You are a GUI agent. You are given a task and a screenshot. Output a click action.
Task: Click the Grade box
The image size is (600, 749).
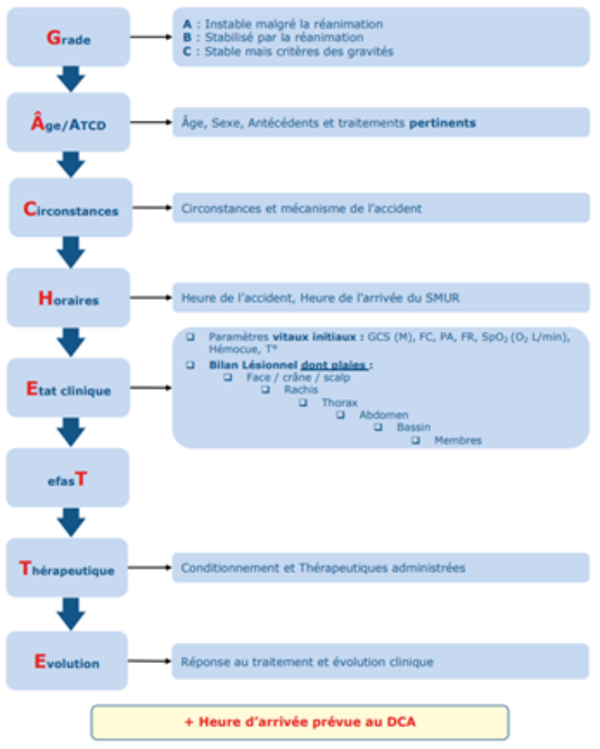coord(68,37)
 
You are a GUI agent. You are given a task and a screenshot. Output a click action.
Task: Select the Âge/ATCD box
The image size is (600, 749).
coord(69,122)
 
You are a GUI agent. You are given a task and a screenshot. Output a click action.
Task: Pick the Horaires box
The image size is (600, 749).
coord(69,297)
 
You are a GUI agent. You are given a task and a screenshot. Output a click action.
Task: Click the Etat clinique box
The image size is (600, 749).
coord(69,388)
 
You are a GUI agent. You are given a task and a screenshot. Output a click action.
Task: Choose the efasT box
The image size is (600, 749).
coord(68,477)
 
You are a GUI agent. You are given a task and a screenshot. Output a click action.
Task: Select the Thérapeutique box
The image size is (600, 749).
coord(67,568)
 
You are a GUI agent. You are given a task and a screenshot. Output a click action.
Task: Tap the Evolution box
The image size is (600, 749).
coord(67,661)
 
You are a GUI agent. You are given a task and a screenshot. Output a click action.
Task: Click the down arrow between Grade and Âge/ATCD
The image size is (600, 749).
coord(71,78)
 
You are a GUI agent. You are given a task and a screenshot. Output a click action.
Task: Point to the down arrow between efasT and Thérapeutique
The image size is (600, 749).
coord(71,522)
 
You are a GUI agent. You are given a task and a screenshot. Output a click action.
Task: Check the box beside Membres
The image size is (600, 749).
coord(416,441)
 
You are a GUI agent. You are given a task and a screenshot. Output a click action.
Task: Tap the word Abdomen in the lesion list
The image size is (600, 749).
coord(383,415)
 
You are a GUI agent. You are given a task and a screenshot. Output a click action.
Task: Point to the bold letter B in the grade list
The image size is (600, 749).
coord(186,37)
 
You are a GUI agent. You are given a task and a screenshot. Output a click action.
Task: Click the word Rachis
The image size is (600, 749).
coord(301,389)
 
